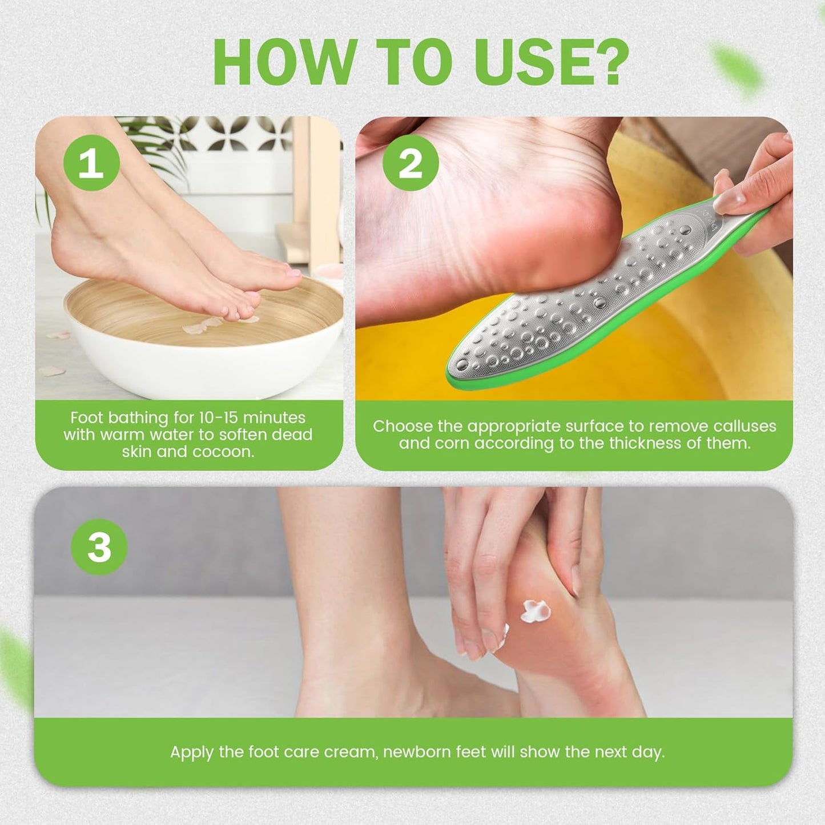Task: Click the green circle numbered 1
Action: point(91,163)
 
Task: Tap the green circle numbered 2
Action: point(411,163)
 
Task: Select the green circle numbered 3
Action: point(99,547)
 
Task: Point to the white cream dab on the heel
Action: point(536,611)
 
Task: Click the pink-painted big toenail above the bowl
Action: point(293,273)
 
